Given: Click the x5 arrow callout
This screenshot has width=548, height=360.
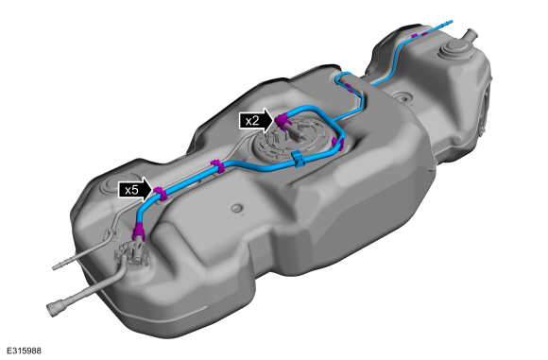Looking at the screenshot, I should [x=134, y=189].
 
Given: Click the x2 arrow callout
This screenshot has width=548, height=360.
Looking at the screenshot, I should [x=256, y=120].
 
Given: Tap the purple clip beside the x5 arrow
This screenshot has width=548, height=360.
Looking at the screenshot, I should [x=161, y=195].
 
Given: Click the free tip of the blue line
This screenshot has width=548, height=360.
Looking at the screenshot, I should [x=451, y=20].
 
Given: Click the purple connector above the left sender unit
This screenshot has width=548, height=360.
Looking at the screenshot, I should [x=139, y=231].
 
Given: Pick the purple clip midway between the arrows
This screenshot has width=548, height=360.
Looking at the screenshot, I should [x=216, y=166].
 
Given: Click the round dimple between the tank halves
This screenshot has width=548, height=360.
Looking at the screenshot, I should [x=403, y=96].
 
